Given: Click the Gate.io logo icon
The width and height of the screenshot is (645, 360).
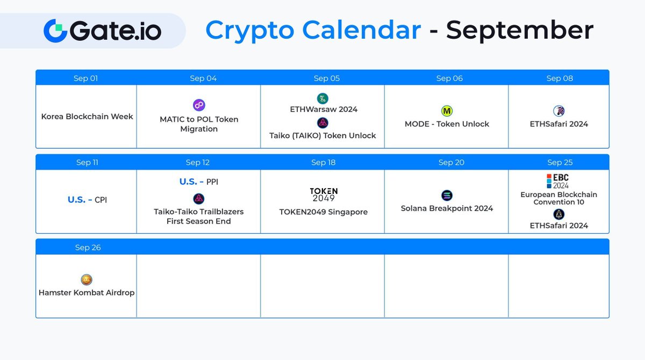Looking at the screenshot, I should [55, 30].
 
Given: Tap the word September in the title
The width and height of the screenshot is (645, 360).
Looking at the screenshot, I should [519, 30].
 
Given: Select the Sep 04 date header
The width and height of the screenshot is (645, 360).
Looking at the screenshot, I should [203, 78].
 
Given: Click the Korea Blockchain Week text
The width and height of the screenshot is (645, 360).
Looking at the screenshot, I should [87, 116].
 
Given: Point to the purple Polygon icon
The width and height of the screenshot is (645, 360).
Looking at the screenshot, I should [199, 105].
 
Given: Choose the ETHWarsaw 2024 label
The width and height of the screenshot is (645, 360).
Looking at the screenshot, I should [324, 109].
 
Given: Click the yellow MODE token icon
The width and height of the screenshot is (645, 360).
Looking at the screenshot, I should [447, 111].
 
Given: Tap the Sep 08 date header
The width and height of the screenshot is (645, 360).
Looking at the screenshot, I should [560, 78].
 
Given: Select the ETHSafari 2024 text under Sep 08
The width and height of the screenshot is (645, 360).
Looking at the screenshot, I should [559, 124].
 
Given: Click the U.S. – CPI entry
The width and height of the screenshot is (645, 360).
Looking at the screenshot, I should [87, 200].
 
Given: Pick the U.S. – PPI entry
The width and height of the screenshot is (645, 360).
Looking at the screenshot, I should [199, 182].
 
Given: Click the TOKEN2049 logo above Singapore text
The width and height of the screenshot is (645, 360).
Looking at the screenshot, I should [324, 195].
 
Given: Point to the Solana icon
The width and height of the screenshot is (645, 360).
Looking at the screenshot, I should [447, 196].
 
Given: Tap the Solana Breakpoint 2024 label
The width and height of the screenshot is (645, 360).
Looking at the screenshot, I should [447, 208].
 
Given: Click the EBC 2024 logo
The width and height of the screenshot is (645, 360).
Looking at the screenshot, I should [557, 181].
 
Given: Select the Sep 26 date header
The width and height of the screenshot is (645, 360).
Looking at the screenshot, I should [88, 248].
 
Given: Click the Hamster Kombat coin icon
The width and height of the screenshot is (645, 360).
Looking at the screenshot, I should [87, 280].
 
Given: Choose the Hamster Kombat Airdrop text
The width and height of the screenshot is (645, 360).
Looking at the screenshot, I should [87, 293].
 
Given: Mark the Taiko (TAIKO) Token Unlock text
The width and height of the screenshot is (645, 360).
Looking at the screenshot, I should [322, 136].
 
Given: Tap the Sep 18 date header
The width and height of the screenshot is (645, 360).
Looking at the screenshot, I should [323, 163].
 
